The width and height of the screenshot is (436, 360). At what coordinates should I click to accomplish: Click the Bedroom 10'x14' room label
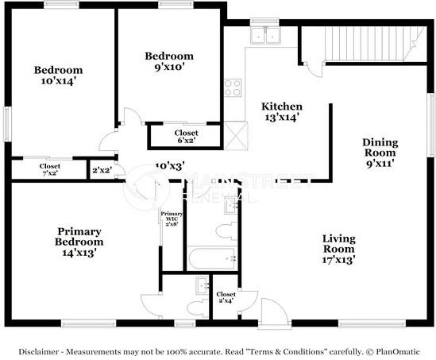pos(58,75)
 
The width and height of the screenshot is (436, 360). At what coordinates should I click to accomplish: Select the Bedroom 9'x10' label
pos(169,61)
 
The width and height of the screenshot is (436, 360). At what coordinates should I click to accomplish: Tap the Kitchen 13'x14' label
pos(282,111)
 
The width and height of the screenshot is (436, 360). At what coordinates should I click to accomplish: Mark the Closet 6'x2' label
pos(186,137)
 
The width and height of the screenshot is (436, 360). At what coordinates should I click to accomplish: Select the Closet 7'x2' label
pos(50,170)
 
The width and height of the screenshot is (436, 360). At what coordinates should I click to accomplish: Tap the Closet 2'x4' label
pos(226,299)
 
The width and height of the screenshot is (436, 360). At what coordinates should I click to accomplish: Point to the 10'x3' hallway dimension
pos(168,168)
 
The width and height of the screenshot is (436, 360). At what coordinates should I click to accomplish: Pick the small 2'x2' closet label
pos(101,170)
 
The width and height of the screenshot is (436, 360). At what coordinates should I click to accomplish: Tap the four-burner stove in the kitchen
pos(233,87)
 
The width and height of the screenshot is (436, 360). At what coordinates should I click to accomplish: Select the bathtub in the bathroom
pos(212,257)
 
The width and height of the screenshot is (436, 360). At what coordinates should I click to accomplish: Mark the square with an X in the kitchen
pos(235,133)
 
